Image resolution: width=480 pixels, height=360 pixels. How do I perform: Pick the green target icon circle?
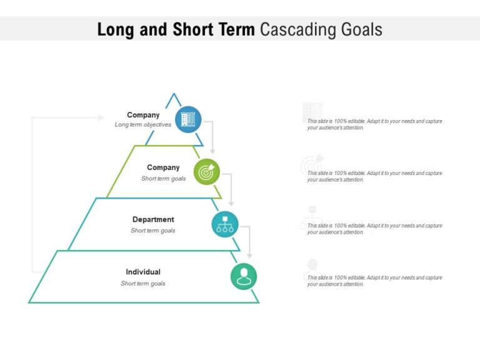tap(207, 171)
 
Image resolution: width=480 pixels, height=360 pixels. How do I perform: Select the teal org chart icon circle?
tap(225, 224)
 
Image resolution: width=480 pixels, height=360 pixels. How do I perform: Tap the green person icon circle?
tap(244, 276)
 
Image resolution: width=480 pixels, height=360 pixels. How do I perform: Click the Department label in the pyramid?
tap(153, 219)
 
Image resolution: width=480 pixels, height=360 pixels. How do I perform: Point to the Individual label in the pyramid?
tap(143, 272)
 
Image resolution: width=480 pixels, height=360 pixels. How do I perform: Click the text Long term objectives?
tap(143, 125)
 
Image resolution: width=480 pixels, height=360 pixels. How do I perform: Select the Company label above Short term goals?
tap(163, 167)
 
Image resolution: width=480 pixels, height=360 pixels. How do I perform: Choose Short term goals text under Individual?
tap(143, 284)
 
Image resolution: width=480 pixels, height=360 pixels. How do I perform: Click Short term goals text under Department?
tap(153, 231)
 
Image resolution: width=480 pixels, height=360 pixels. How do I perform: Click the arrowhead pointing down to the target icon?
tap(212, 151)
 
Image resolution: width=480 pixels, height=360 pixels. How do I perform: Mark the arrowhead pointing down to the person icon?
tap(249, 256)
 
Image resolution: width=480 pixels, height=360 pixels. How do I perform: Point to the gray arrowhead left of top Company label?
tap(101, 117)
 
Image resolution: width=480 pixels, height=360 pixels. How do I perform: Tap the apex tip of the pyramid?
tap(173, 94)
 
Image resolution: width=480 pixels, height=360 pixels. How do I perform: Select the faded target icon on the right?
tap(312, 165)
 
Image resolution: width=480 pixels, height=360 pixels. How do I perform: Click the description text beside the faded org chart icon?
tap(374, 229)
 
